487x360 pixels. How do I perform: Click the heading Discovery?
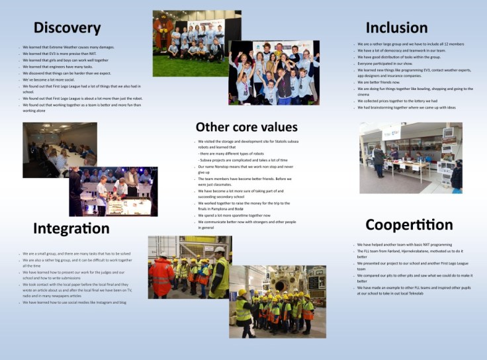click(67, 28)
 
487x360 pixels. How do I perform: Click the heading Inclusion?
click(396, 27)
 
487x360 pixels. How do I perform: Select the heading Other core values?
click(246, 126)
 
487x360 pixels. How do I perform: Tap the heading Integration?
click(71, 228)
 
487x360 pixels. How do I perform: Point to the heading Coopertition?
click(409, 224)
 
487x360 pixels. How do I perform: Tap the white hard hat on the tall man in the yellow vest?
click(219, 250)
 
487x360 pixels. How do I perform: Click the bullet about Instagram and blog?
click(74, 302)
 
